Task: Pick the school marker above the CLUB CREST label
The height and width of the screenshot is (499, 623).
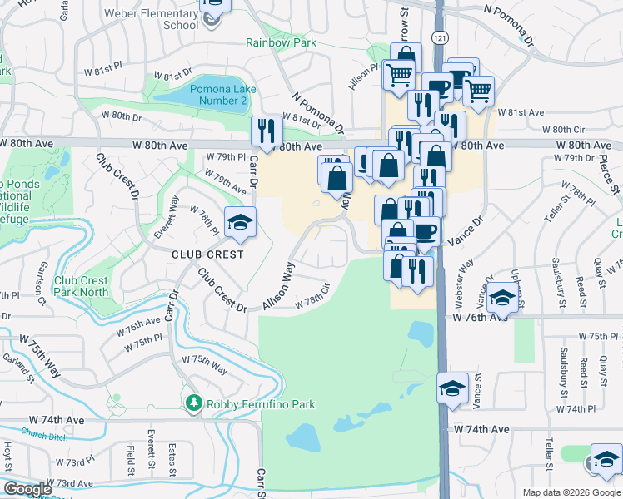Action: coord(240,222)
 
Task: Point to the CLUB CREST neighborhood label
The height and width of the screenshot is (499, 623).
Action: coord(207,254)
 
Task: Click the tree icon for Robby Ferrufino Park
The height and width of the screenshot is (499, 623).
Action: coord(193,403)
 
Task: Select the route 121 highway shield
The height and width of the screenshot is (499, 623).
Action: coord(440,39)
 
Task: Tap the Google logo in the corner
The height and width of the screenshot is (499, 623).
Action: coord(27,489)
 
